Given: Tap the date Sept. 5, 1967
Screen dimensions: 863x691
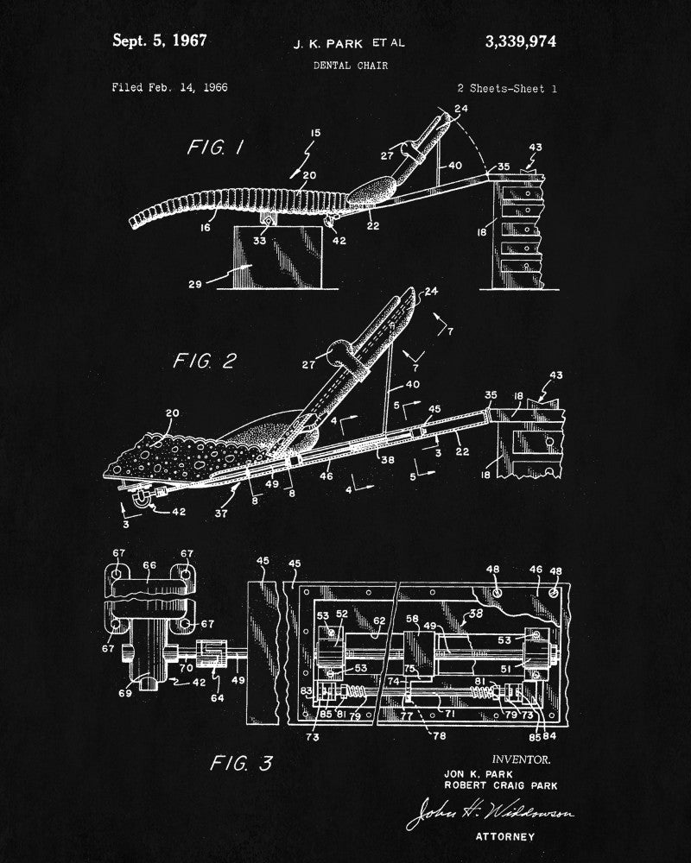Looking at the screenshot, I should coord(160,40).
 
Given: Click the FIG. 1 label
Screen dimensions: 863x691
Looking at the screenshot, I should coord(215,148).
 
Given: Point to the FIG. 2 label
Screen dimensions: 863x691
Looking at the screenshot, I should coord(204,361).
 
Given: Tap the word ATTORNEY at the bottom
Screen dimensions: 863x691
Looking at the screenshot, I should coord(505,836).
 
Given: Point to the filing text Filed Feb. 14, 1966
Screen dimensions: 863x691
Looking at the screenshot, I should coord(169,87).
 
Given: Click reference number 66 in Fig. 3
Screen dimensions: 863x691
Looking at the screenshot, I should coord(149,566).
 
